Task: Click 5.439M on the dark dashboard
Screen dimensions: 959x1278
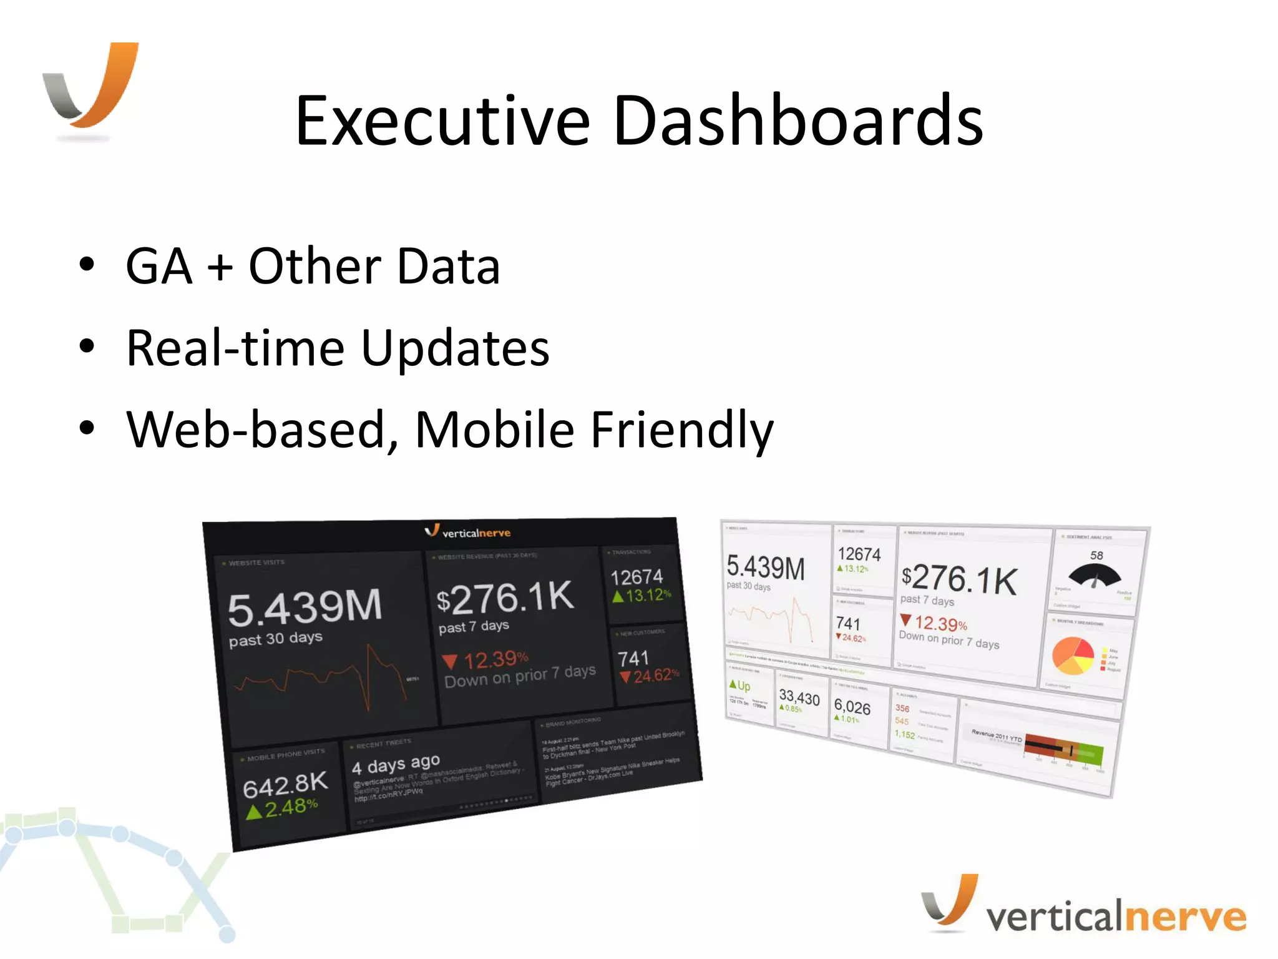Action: pos(305,607)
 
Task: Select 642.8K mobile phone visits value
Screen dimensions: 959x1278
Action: pos(285,785)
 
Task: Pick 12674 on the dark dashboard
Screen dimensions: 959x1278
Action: pos(637,576)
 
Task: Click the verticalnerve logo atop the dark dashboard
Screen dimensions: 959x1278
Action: pos(468,532)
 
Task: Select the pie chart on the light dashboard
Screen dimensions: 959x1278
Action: pos(1073,656)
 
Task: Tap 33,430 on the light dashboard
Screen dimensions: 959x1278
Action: pos(799,697)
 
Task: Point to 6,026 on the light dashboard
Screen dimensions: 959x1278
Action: pos(852,707)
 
